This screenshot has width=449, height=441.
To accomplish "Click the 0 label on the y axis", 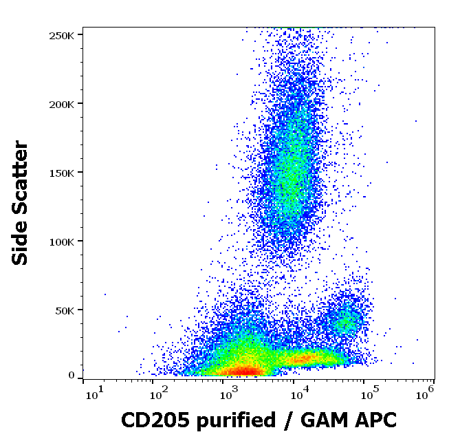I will pyautogui.click(x=72, y=376).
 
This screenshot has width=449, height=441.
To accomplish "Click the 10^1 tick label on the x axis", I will pyautogui.click(x=92, y=394).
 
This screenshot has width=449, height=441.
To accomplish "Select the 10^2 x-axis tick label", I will pyautogui.click(x=160, y=394).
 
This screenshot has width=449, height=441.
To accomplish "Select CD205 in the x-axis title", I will pyautogui.click(x=149, y=420).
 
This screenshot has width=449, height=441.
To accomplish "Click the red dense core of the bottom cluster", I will pyautogui.click(x=245, y=372).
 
